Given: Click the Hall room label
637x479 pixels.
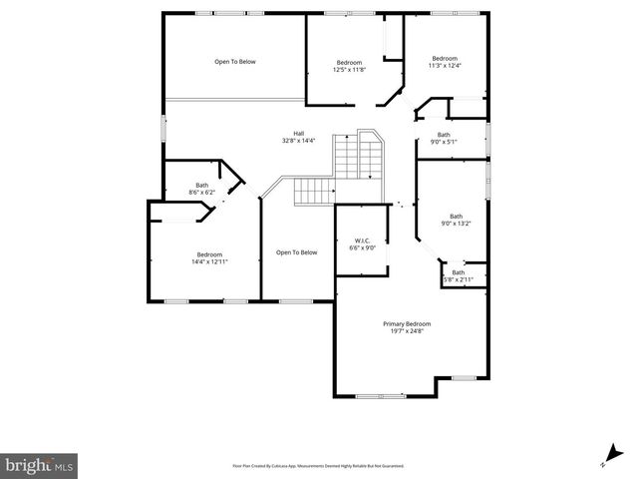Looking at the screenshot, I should click(x=298, y=134).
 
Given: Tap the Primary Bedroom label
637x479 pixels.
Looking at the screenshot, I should click(x=407, y=324).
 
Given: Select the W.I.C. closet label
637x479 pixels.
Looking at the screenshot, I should click(x=363, y=240).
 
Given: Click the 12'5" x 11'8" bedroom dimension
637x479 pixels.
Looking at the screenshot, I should click(x=349, y=69).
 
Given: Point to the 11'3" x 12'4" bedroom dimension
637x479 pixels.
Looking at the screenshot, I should click(x=444, y=66).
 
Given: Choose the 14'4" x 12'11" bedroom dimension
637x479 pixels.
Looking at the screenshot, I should click(x=209, y=261).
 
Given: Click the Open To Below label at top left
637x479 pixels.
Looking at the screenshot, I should click(x=235, y=62).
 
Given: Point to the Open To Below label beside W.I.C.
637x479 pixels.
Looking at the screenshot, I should click(x=296, y=252).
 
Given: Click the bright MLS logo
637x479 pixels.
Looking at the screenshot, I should click(x=39, y=464).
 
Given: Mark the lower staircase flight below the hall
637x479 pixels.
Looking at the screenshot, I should click(x=314, y=191).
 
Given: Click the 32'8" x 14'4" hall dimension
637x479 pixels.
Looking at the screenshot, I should click(x=298, y=142).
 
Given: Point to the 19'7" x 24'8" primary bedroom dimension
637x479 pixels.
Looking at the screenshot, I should click(x=407, y=332).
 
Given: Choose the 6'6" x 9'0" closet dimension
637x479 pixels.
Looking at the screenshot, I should click(x=363, y=248).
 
